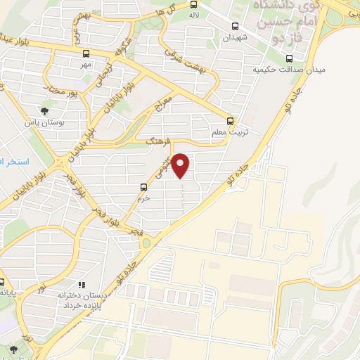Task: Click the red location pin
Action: click(x=181, y=165)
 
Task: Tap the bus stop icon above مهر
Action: click(x=86, y=53)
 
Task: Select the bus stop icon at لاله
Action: click(x=194, y=4)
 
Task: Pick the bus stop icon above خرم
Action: click(x=144, y=187)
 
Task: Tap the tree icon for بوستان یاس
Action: click(x=46, y=110)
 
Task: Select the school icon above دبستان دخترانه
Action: click(x=82, y=285)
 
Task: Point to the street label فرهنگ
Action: click(x=153, y=143)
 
